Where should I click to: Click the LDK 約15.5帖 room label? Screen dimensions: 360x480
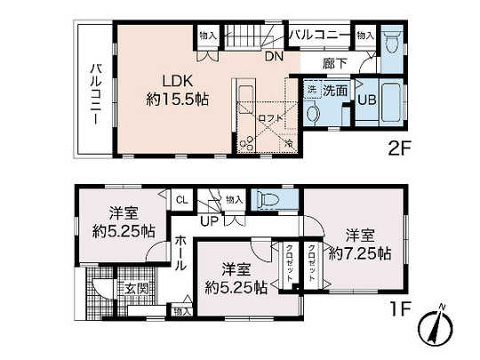coord(178,89)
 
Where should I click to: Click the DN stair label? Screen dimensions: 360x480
coord(275,56)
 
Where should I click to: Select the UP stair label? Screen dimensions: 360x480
coord(210,220)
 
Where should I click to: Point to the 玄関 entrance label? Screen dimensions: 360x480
coord(135,288)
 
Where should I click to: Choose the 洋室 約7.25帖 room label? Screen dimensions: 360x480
coord(360,244)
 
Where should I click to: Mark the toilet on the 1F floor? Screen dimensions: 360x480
coord(269,200)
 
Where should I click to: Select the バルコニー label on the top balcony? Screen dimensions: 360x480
coord(316,35)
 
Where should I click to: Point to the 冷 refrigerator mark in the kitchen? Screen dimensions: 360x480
coord(289,142)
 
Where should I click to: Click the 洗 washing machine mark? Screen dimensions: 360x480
coord(313,91)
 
